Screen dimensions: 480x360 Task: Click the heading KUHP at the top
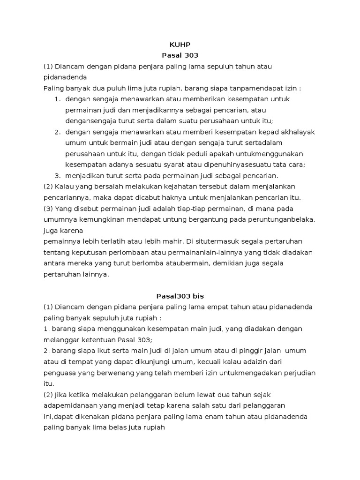click(x=180, y=45)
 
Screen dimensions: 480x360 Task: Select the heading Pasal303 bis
click(x=180, y=296)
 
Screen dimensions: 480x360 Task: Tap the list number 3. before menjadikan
click(x=58, y=175)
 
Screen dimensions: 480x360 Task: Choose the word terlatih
click(x=126, y=241)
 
